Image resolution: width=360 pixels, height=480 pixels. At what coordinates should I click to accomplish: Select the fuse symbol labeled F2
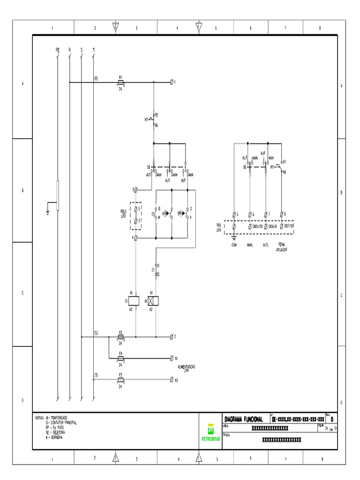pyautogui.click(x=120, y=337)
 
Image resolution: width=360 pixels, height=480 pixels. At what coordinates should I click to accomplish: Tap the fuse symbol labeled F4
pyautogui.click(x=120, y=358)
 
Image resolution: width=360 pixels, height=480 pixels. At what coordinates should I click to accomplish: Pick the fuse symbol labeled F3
pyautogui.click(x=120, y=380)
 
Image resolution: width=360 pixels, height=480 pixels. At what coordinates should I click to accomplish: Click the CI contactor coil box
pyautogui.click(x=135, y=300)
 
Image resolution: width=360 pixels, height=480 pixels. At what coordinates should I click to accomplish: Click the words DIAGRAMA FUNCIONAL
pyautogui.click(x=244, y=419)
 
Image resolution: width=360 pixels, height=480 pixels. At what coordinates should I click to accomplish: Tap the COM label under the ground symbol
pyautogui.click(x=234, y=245)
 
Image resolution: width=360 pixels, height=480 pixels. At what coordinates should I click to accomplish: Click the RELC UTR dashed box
pyautogui.click(x=136, y=214)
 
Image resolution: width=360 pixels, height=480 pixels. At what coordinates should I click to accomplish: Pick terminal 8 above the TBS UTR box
pyautogui.click(x=281, y=215)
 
